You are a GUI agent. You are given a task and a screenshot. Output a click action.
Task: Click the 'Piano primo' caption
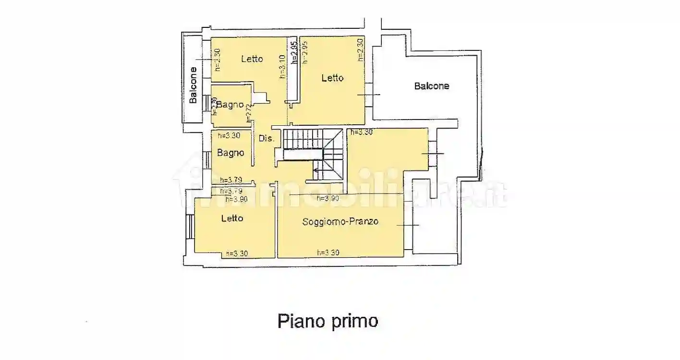328,321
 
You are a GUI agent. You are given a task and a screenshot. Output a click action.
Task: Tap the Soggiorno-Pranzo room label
340,221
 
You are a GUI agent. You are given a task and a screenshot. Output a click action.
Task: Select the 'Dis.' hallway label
267,139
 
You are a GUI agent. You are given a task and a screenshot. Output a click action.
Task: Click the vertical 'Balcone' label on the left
193,85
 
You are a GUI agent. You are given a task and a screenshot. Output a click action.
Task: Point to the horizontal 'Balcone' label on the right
431,86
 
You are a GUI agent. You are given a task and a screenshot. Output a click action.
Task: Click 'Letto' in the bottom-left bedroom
232,218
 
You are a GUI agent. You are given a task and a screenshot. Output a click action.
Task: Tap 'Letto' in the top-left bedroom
252,59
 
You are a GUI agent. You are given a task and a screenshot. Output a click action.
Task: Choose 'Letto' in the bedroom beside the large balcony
332,77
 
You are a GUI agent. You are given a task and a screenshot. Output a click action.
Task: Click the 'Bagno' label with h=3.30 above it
231,153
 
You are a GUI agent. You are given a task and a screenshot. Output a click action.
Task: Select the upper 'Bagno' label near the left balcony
230,104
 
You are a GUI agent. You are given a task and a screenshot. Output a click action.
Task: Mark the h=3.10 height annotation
282,66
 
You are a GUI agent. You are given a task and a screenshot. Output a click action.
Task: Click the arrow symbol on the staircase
317,169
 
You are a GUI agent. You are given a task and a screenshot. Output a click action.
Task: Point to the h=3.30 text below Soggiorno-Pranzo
329,252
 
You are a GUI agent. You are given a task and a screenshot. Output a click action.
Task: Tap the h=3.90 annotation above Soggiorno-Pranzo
328,198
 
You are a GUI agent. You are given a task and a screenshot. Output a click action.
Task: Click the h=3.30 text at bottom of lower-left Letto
236,254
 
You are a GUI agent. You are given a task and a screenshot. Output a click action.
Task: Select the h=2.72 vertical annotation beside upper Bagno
249,113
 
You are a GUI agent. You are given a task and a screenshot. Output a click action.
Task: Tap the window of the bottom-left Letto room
190,227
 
